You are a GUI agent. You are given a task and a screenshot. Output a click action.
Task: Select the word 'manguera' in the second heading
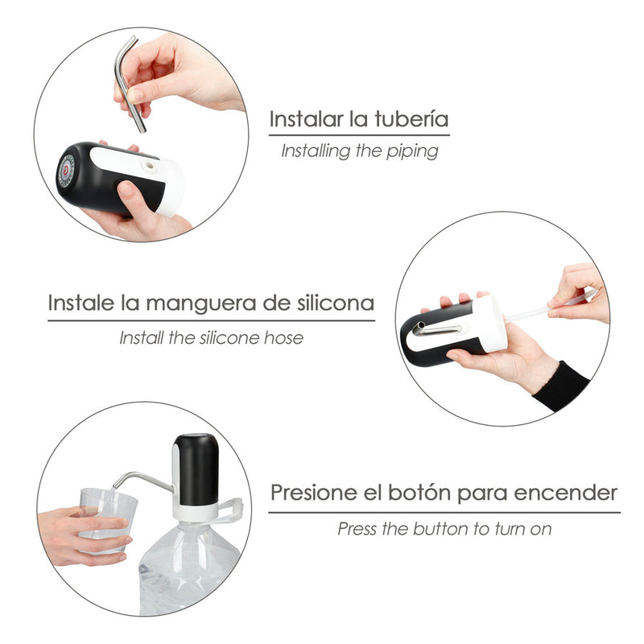pyautogui.click(x=202, y=303)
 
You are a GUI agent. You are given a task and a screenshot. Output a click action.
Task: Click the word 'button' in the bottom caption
pyautogui.click(x=447, y=529)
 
